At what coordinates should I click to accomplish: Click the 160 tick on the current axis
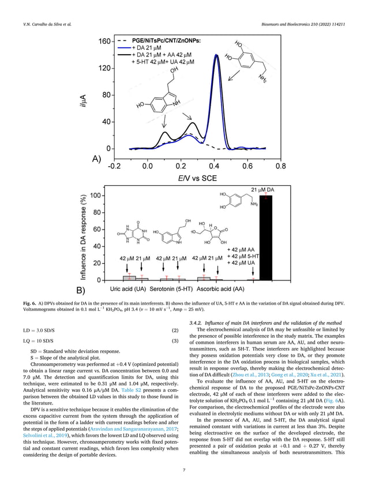104,42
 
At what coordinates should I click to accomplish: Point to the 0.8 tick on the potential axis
280,166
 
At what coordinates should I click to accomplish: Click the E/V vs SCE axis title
197,178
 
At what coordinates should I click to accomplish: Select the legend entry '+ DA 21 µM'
151,47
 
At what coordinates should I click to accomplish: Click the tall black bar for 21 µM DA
267,238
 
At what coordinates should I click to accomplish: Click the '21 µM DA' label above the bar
262,189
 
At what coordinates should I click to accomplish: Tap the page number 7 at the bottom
183,471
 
